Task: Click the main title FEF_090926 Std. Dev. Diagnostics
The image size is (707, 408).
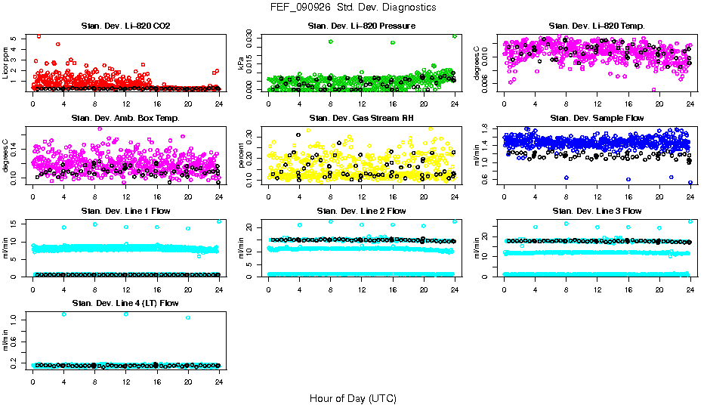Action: pyautogui.click(x=353, y=7)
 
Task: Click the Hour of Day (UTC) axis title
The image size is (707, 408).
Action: pyautogui.click(x=353, y=397)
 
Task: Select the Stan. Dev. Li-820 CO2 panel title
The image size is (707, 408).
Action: pyautogui.click(x=125, y=26)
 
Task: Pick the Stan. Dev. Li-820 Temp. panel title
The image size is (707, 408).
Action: pyautogui.click(x=597, y=26)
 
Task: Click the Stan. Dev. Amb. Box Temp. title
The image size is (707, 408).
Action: pyautogui.click(x=125, y=118)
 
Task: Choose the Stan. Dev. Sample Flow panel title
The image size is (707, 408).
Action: pyautogui.click(x=597, y=118)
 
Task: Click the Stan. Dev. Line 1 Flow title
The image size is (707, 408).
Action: pyautogui.click(x=125, y=211)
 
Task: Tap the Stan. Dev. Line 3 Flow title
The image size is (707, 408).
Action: pyautogui.click(x=597, y=211)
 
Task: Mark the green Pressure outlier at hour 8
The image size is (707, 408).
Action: pyautogui.click(x=330, y=42)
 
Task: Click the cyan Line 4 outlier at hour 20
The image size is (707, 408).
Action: pyautogui.click(x=188, y=317)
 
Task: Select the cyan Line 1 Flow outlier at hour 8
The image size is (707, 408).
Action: pyautogui.click(x=95, y=224)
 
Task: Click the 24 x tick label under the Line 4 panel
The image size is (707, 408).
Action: pyautogui.click(x=219, y=382)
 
